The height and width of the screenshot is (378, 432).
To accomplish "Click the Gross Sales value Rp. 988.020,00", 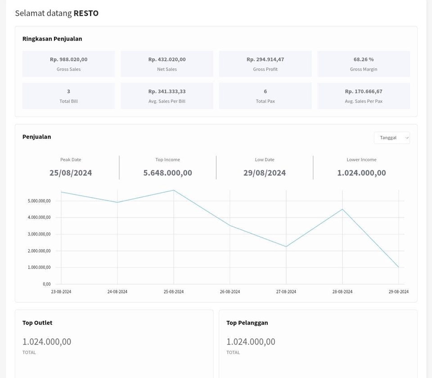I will click(68, 59).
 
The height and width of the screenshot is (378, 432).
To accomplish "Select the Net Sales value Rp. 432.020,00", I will click(166, 59).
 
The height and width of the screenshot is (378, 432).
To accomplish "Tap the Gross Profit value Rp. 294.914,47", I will click(265, 59).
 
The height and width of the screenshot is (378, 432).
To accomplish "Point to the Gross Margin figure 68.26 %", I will click(363, 59).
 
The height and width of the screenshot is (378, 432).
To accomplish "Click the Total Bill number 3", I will click(68, 91).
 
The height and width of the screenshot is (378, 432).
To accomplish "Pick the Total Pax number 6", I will click(265, 91).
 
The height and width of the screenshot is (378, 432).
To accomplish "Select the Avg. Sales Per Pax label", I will click(363, 101).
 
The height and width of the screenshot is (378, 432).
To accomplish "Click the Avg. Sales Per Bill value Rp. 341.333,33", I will click(166, 91).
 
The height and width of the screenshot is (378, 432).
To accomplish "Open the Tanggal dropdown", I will click(391, 138).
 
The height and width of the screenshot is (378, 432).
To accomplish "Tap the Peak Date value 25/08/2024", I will click(71, 173).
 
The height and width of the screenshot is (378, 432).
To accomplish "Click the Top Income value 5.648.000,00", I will click(167, 173).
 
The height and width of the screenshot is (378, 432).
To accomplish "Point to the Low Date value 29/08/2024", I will click(265, 173).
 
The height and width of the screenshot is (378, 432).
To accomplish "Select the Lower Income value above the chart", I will click(361, 173).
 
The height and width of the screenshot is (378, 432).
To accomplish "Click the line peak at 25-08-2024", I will click(174, 190).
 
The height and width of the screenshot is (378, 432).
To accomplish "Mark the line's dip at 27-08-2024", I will click(286, 247).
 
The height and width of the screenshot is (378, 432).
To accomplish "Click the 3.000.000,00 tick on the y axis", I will click(39, 234).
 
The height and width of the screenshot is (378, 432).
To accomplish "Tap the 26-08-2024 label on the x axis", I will click(229, 292).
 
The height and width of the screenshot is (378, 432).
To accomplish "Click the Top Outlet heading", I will click(37, 323).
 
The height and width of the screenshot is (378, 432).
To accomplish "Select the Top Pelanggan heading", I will click(247, 323).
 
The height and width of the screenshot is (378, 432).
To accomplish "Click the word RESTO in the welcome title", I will click(86, 13).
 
